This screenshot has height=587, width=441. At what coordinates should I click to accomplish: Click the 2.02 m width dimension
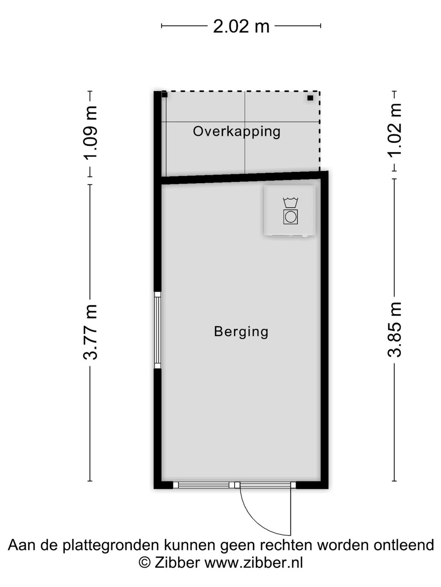click(241, 26)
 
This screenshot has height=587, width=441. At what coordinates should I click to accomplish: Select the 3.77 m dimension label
click(89, 332)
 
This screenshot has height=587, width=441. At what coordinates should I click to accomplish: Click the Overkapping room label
click(237, 132)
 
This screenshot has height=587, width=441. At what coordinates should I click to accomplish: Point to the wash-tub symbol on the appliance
click(290, 203)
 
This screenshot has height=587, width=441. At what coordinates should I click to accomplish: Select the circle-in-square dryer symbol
click(290, 216)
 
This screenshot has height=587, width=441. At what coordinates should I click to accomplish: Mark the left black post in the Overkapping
click(165, 95)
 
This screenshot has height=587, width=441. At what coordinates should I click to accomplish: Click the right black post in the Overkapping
click(310, 98)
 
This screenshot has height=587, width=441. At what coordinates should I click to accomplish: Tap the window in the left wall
click(158, 330)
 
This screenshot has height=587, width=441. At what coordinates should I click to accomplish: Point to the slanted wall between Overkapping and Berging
click(244, 178)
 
